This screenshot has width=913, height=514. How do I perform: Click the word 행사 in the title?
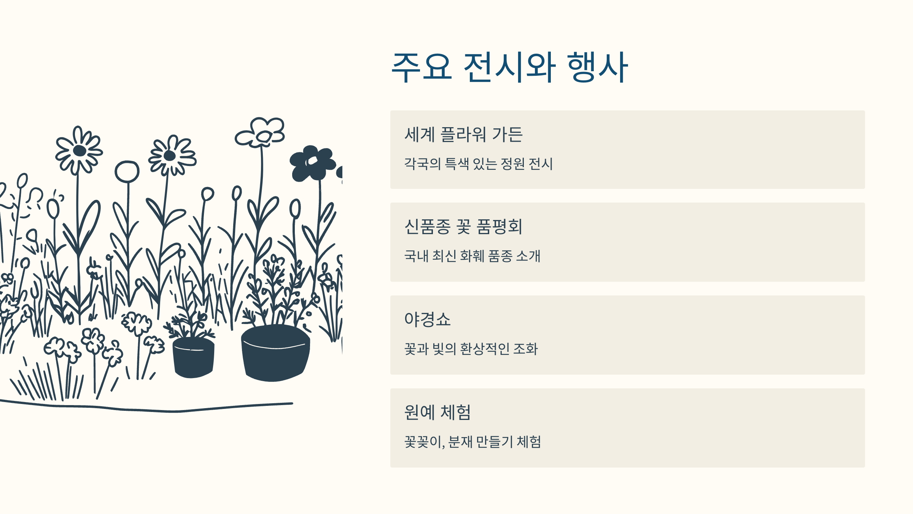(597, 67)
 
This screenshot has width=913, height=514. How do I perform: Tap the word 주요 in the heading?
(422, 67)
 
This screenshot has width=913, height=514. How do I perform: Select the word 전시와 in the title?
(510, 67)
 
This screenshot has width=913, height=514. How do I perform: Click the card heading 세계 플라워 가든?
(463, 134)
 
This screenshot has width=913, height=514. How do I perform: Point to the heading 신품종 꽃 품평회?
(463, 227)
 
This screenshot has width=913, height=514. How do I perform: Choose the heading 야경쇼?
(427, 319)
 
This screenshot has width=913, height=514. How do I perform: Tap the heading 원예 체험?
(437, 412)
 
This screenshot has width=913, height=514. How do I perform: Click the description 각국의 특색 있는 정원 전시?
(478, 164)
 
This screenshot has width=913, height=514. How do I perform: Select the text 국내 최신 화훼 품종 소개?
(472, 256)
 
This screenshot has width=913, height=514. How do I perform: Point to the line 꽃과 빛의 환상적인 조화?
(471, 349)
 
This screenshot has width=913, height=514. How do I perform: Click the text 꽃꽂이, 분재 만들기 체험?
(472, 442)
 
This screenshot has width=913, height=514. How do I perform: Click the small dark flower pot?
(193, 358)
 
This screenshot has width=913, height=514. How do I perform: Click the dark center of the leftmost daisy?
(80, 151)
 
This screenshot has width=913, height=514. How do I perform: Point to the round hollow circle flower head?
(127, 172)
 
